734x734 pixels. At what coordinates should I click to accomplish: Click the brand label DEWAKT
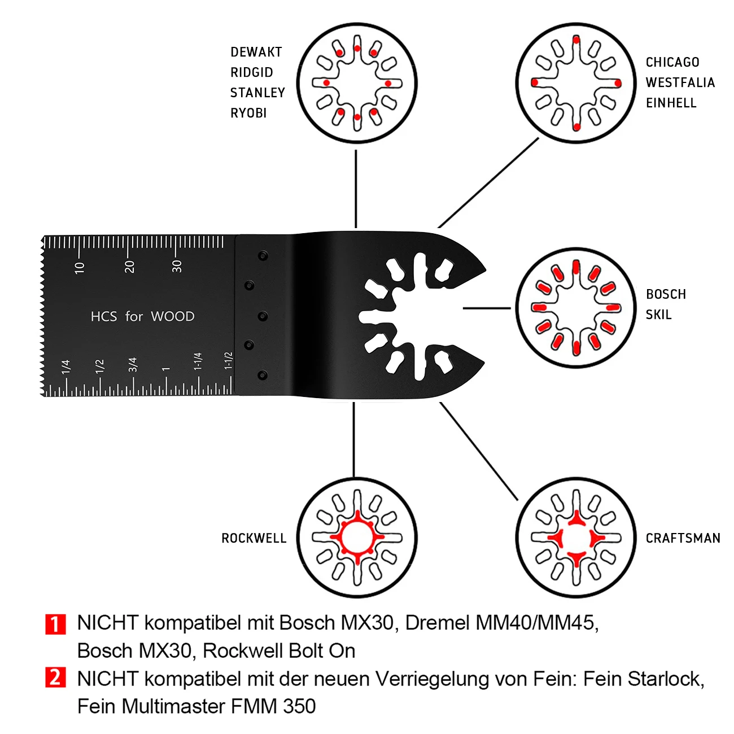tap(256, 52)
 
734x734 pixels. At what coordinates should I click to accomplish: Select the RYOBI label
tap(248, 113)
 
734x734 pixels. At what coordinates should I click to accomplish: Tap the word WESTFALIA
tap(680, 82)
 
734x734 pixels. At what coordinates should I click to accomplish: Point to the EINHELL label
tap(671, 103)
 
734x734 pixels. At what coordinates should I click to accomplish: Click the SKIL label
tap(658, 314)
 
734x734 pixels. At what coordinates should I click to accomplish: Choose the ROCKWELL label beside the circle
tap(254, 538)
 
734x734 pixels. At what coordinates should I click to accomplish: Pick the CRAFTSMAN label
tap(683, 538)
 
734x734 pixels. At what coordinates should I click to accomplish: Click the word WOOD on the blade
tap(172, 316)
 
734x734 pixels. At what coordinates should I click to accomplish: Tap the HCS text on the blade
tap(103, 316)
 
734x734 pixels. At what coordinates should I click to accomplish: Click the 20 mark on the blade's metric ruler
tap(129, 266)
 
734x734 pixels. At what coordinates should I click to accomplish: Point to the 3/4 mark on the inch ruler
tap(133, 365)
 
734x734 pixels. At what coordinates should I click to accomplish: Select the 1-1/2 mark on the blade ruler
tap(228, 360)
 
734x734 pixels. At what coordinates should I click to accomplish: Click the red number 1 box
tap(55, 623)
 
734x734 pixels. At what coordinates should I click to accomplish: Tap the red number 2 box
tap(55, 678)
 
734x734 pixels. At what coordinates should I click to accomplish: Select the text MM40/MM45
tap(535, 623)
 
